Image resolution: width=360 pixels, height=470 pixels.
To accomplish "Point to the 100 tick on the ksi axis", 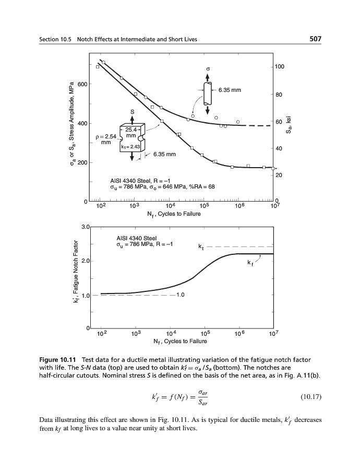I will coord(280,67).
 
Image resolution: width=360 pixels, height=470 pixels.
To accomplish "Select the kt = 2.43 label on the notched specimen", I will coord(130,147).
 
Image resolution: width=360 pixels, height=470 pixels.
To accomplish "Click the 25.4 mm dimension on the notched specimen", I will coord(131,132).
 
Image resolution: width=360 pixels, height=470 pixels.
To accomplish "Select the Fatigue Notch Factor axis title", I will coord(77,275).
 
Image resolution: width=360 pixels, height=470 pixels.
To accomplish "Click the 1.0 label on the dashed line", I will coord(181,295).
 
